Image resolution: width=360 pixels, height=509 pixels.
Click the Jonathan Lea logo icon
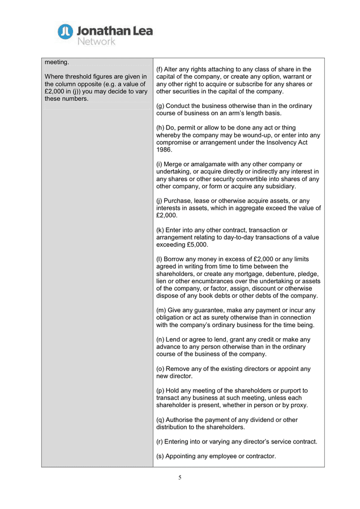66,32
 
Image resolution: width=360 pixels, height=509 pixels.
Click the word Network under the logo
96,41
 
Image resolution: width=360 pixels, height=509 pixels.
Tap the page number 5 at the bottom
180,477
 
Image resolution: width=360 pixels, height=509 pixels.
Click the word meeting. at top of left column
57,62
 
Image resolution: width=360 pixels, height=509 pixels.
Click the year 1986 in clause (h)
164,150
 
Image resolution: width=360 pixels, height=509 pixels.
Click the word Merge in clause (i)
175,165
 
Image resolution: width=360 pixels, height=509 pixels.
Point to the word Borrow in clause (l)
177,259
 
